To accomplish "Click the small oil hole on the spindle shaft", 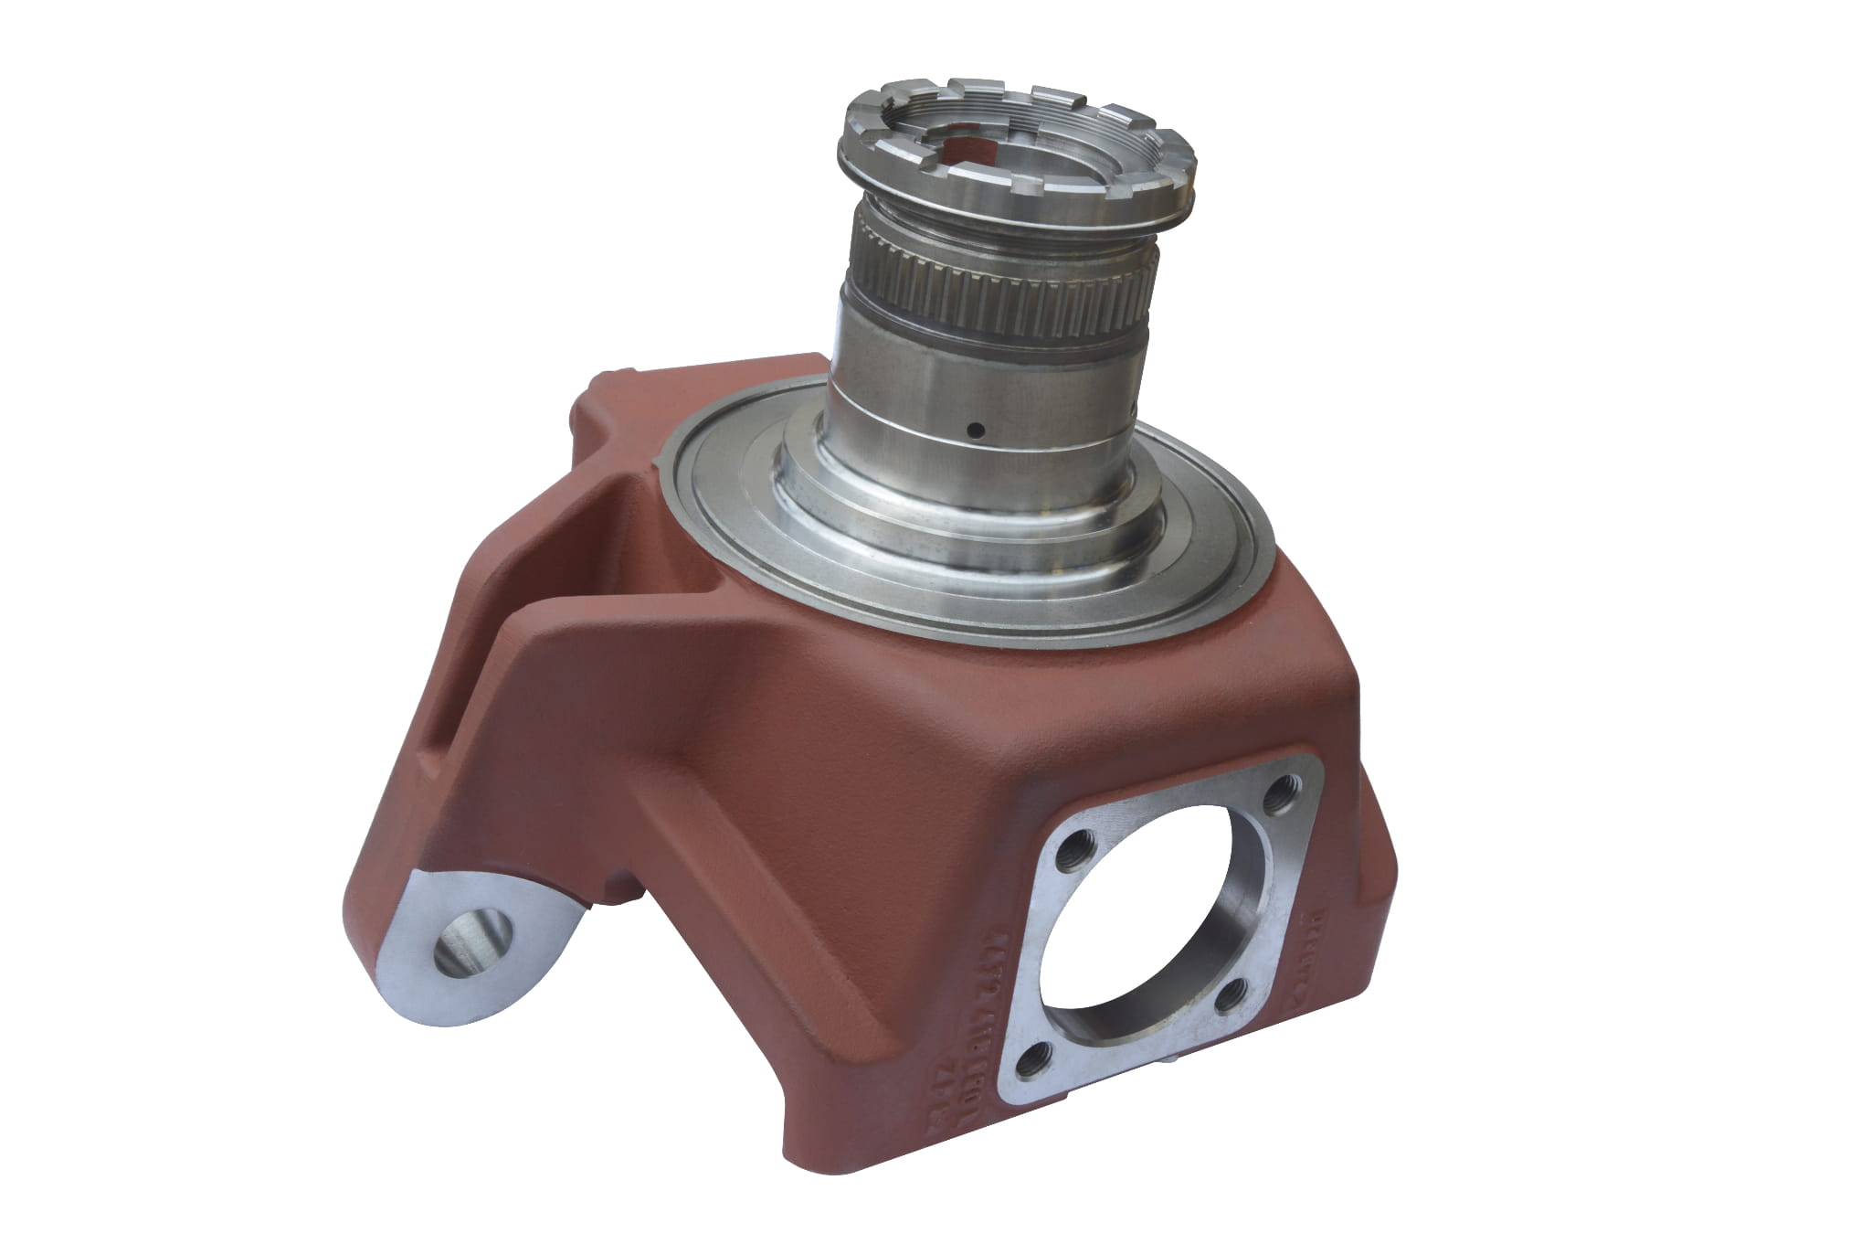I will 977,428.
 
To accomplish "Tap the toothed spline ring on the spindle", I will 996,283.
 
